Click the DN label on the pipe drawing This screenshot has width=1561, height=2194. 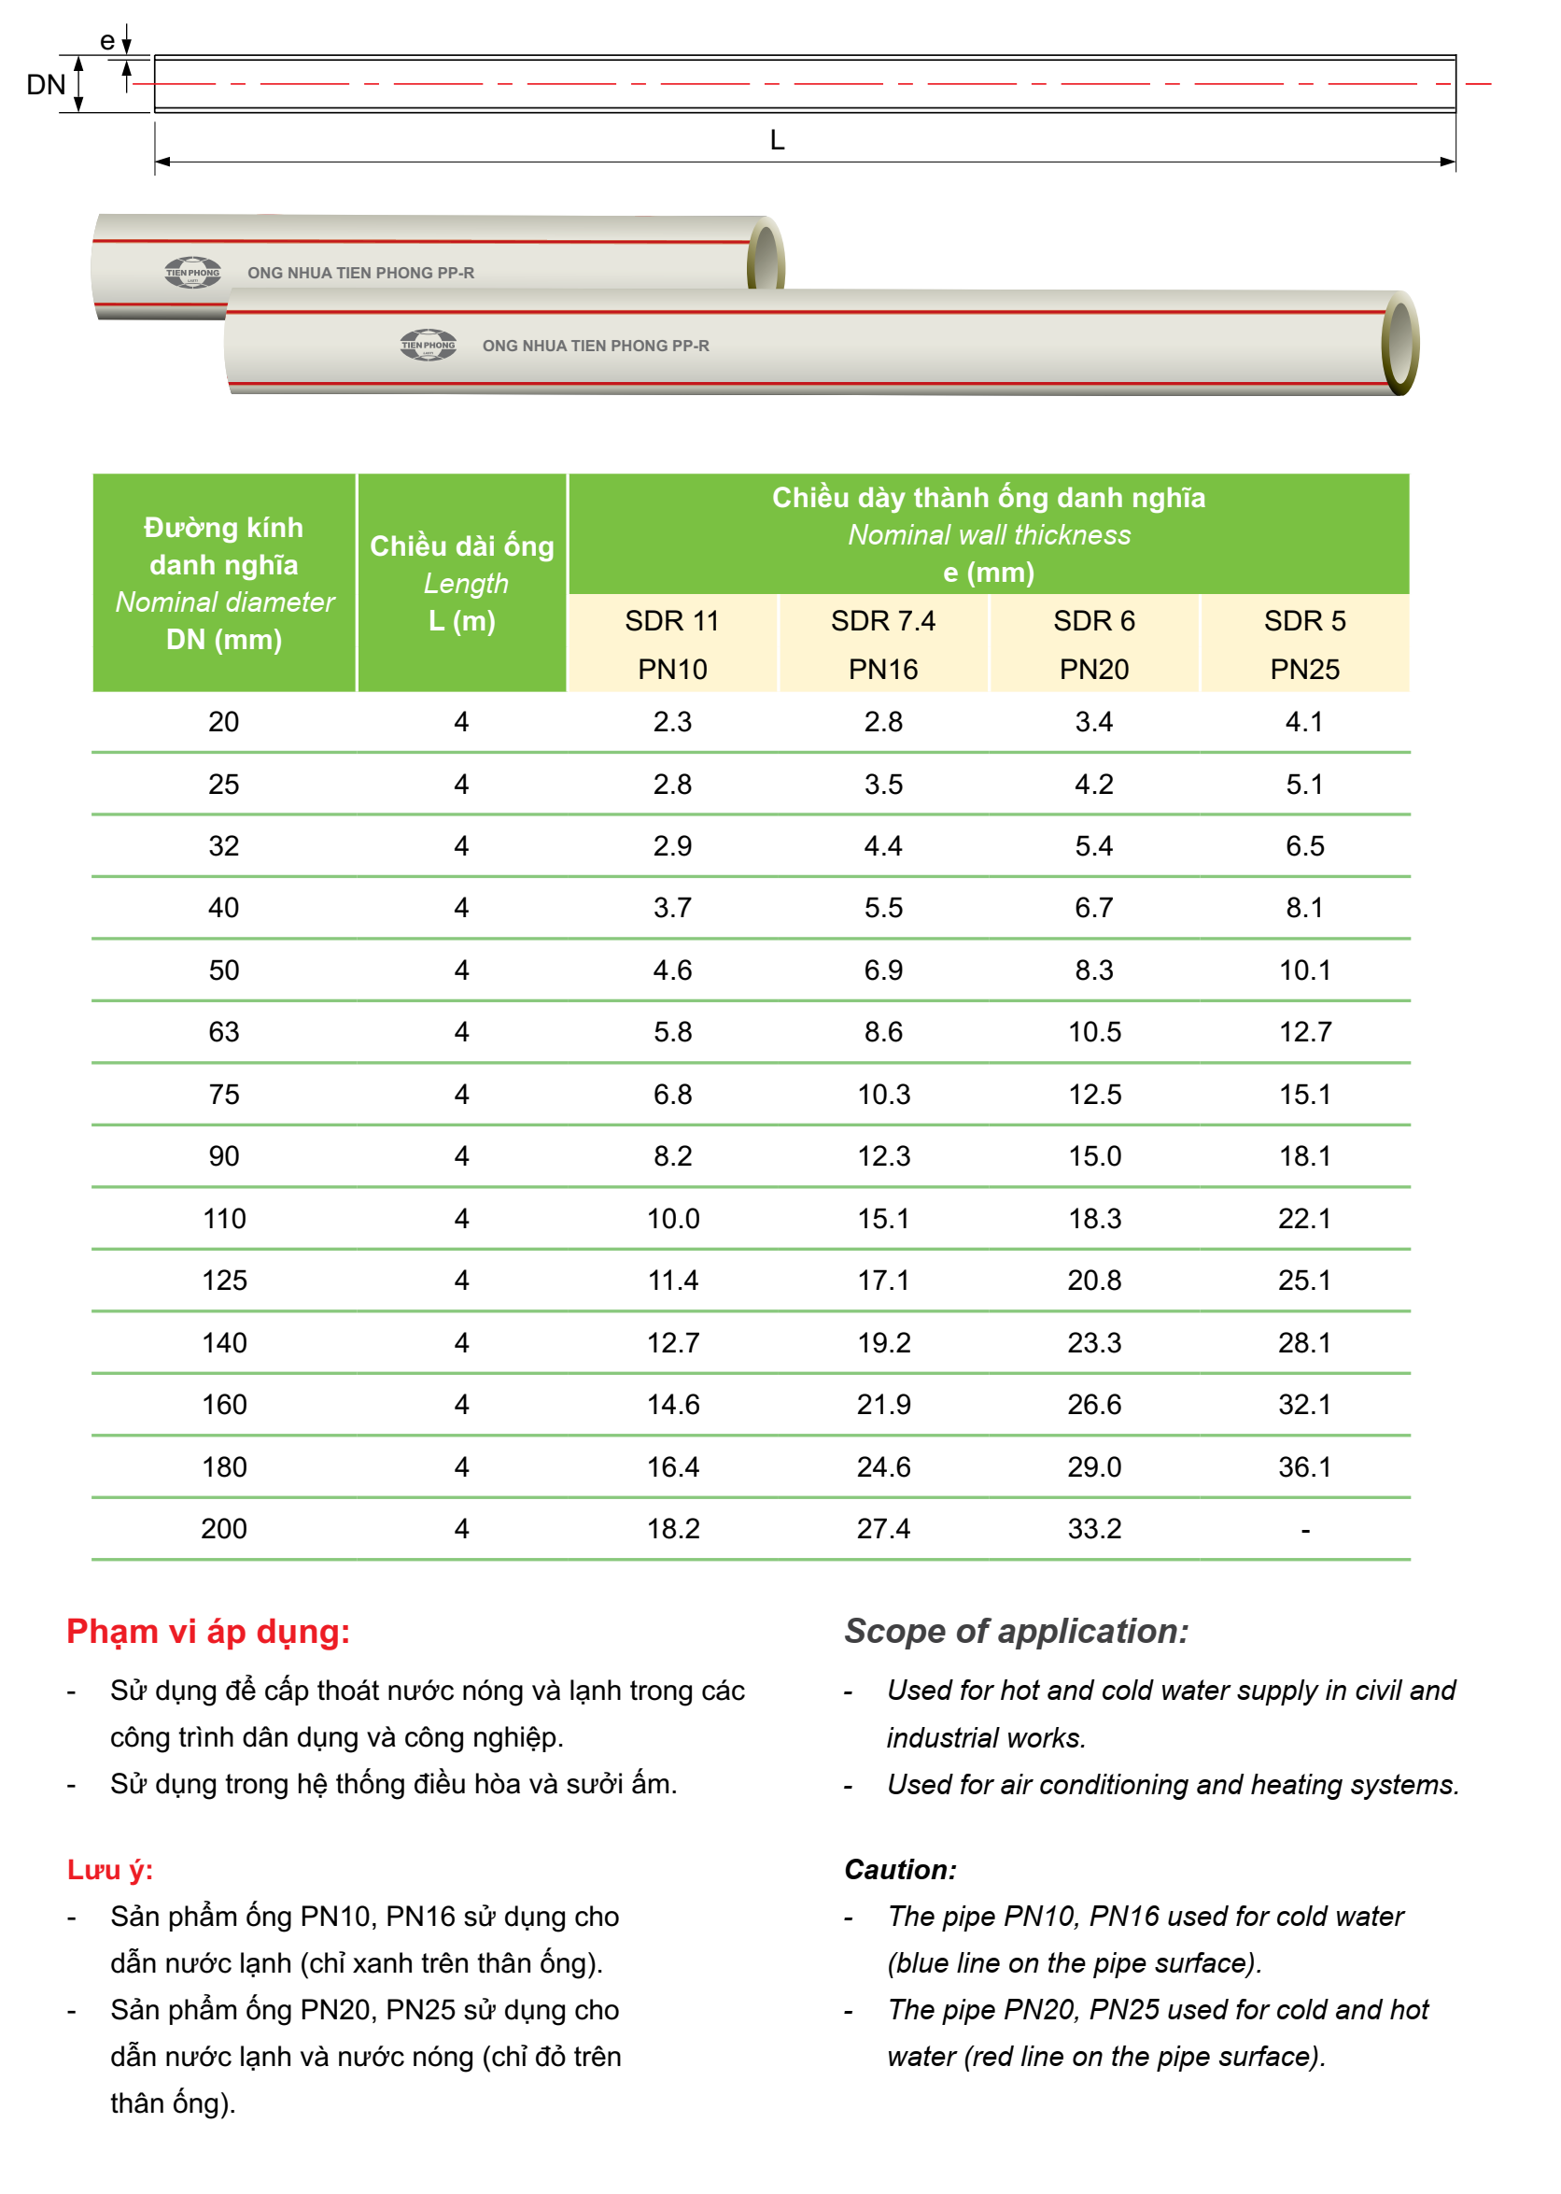(x=45, y=85)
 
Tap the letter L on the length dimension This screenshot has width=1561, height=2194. (x=777, y=140)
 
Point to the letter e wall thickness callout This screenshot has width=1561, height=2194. (x=107, y=41)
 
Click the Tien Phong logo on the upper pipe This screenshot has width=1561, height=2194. (x=192, y=272)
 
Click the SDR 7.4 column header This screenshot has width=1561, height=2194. (x=882, y=621)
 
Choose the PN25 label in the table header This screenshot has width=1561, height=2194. (x=1304, y=669)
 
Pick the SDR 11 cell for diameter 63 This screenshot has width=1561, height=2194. (x=672, y=1032)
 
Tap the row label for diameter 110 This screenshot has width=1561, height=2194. (x=224, y=1218)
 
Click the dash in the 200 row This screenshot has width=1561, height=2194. (x=1304, y=1529)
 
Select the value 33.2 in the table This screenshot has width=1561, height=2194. (x=1094, y=1529)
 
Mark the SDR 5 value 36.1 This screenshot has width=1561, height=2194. (x=1304, y=1466)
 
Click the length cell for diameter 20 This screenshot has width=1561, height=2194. (x=461, y=722)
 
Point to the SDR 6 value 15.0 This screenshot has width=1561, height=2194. (x=1094, y=1155)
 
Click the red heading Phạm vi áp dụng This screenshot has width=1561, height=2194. (x=207, y=1632)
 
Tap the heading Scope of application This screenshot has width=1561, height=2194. (x=1016, y=1632)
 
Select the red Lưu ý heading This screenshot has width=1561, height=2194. (x=109, y=1869)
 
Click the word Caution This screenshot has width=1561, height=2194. (x=900, y=1869)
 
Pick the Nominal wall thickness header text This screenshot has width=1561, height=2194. (x=988, y=534)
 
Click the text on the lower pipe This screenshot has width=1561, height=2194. (x=595, y=346)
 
